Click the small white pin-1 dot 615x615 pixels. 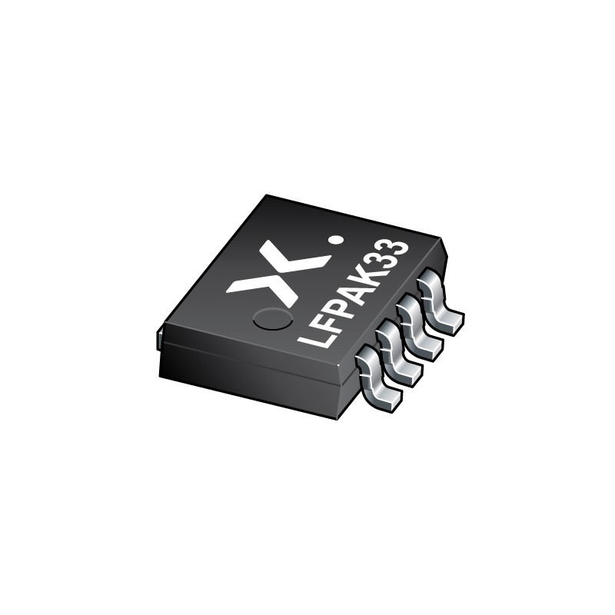point(334,241)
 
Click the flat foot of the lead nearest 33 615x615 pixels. point(450,321)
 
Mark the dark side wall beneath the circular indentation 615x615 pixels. point(254,377)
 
